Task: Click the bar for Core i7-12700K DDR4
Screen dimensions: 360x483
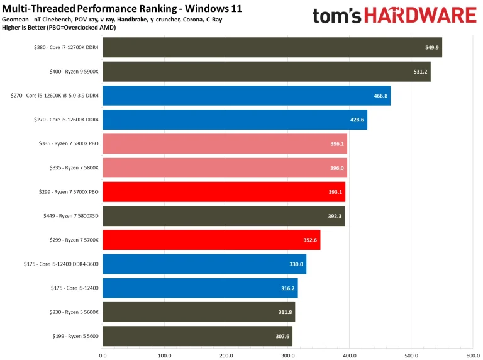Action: [x=272, y=47]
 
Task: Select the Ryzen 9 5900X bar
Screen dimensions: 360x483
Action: [x=266, y=72]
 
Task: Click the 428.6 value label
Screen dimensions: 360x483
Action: [x=357, y=120]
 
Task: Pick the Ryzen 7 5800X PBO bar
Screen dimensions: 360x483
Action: [x=225, y=143]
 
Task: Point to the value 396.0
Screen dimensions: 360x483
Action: [x=337, y=168]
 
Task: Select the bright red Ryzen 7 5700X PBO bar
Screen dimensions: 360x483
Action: [x=223, y=192]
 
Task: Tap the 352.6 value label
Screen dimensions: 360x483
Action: [x=310, y=240]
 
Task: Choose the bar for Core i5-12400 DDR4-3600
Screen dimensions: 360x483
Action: [x=204, y=264]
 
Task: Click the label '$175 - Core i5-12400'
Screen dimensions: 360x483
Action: [x=75, y=288]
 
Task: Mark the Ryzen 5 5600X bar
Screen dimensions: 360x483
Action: [x=198, y=312]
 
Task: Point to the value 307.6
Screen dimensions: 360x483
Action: [x=282, y=336]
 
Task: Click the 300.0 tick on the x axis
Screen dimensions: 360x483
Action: [x=287, y=354]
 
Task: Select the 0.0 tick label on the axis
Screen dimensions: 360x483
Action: [x=103, y=354]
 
